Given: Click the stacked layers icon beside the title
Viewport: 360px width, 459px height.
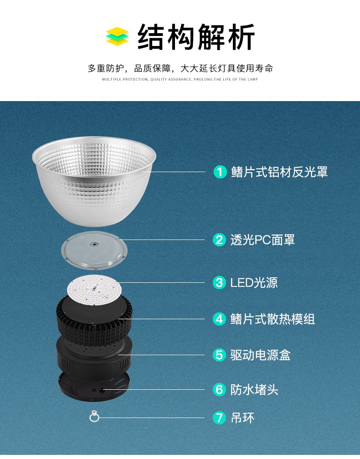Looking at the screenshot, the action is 117,36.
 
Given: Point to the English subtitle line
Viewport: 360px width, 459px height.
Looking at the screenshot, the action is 180,79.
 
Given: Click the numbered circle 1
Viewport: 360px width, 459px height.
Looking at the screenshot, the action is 220,172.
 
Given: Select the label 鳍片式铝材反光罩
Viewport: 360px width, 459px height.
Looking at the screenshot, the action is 279,172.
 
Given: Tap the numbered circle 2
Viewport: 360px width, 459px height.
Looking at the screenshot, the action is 219,240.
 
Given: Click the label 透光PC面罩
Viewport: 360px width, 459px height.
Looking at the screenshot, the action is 262,240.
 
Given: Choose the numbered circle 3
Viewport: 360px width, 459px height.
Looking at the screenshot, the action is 219,283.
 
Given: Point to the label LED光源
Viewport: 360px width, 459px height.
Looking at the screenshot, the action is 254,283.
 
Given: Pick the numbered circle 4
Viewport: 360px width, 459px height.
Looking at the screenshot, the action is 219,319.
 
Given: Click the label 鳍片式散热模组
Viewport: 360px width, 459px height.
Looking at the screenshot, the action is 273,319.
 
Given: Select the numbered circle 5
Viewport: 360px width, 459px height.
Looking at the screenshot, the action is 219,355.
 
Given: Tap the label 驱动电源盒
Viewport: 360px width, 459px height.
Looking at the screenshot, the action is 260,355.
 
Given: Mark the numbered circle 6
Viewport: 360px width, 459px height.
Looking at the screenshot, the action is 219,390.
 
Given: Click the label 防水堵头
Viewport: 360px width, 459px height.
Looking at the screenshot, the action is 254,390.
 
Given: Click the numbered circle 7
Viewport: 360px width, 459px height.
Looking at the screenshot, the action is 219,418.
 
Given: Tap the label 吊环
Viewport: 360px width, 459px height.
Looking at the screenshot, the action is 242,418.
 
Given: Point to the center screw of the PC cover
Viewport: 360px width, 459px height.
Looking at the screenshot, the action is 94,244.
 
